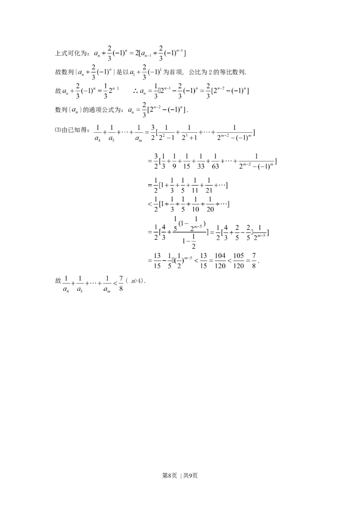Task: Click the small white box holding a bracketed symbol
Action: point(74,111)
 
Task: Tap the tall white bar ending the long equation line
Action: point(257,133)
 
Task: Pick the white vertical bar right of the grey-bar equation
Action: point(124,284)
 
